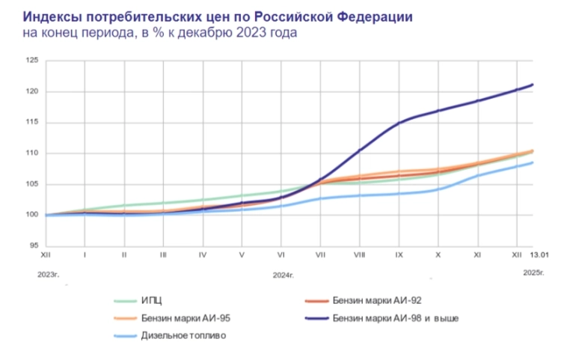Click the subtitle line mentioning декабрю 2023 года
pos(160,34)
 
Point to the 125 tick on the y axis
pos(31,61)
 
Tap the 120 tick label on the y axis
pos(31,91)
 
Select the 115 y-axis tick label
pos(31,123)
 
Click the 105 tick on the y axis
pos(31,184)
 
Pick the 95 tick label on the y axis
pos(33,245)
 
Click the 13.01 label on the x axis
pos(539,254)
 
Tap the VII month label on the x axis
pos(320,254)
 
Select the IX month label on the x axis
pos(399,254)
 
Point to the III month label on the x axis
pos(163,254)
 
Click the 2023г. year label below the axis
pos(49,274)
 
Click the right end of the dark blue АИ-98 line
pos(532,85)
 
